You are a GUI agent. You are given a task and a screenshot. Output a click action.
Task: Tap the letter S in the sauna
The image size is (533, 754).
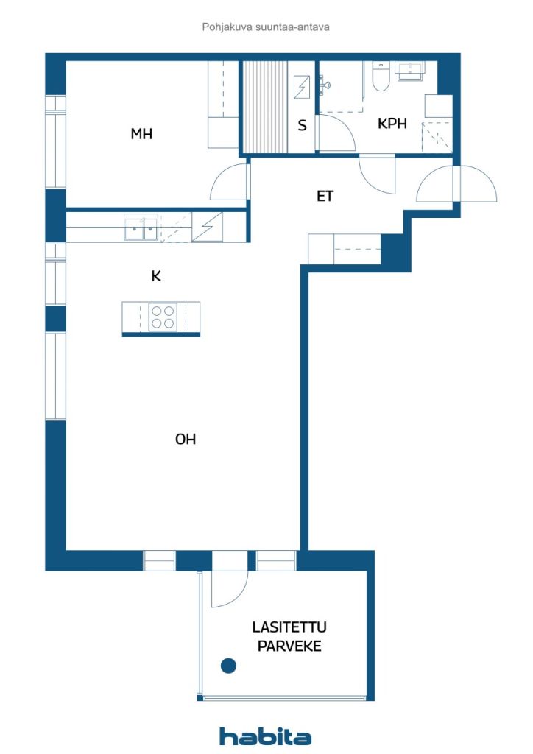(302, 125)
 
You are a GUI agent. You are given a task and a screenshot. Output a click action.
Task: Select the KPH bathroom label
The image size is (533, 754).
(392, 124)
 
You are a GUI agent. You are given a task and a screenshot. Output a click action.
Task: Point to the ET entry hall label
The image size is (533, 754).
(325, 197)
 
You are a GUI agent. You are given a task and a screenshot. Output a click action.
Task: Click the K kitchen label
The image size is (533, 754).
(156, 277)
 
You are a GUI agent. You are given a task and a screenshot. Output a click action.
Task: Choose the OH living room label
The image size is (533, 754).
(186, 440)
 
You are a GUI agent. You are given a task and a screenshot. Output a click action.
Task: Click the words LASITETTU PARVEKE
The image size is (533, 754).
(289, 637)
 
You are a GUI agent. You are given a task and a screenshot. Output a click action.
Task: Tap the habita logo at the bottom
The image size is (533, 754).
(266, 736)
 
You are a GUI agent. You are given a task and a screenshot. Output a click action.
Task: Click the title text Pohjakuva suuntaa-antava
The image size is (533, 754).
(266, 27)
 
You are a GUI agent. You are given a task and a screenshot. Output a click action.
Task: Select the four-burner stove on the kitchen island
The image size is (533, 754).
(163, 317)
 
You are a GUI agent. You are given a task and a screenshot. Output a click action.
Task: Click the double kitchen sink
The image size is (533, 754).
(141, 228)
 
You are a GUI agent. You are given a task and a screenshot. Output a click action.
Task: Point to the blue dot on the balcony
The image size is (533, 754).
(229, 666)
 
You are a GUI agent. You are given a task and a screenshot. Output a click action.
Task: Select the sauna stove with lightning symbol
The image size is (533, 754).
(303, 88)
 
